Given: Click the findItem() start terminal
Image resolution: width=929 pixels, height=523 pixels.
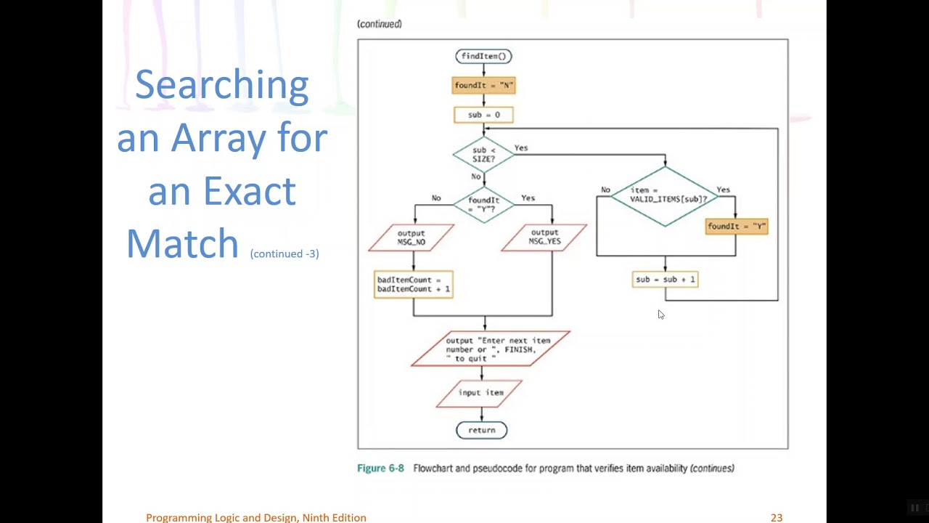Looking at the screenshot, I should pos(484,56).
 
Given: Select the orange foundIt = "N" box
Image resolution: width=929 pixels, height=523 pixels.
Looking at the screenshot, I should pos(484,86).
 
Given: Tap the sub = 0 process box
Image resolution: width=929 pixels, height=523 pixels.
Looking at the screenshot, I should pos(484,115).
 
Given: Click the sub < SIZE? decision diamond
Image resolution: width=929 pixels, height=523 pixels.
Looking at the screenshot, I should pos(484,155).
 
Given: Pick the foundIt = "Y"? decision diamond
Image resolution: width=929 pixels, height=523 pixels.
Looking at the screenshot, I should pos(484,204).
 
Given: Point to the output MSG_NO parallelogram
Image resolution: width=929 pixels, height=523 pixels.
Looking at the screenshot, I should pos(412,238).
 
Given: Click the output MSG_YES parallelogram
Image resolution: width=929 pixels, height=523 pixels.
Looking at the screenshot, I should pos(544,238).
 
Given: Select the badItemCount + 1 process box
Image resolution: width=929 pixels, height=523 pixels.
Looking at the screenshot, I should pos(414,284).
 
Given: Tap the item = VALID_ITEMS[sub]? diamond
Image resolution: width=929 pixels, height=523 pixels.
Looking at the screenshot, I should pos(666,195).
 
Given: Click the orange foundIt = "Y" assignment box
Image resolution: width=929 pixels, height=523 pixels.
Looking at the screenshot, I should pos(737,227).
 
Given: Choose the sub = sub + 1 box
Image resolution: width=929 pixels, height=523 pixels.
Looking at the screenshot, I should pos(666,279).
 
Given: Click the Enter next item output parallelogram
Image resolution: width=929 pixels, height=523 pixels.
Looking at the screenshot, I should pos(491,349).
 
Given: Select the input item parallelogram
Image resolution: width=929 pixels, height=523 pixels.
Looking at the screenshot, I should pos(480,393).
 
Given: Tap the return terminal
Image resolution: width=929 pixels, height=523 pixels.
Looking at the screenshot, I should pos(482,430).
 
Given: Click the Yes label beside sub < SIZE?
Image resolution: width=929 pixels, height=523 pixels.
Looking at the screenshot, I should pos(521,148).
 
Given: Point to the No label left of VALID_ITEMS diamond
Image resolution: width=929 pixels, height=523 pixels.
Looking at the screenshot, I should pos(605,190).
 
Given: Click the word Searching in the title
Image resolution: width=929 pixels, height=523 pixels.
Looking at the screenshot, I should pos(222,86).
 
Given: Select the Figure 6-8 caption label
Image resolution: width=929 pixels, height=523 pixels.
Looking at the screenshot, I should pos(380,469).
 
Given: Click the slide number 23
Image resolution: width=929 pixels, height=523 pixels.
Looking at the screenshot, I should pos(777,517).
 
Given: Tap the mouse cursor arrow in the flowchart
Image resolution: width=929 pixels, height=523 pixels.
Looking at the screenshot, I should pos(660,315).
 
